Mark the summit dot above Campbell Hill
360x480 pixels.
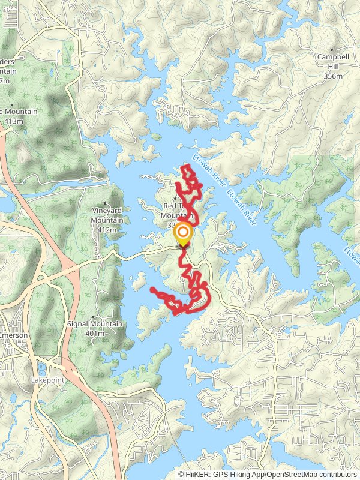pyautogui.click(x=331, y=50)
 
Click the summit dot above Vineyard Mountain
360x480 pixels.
pyautogui.click(x=106, y=203)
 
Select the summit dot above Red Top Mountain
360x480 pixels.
pyautogui.click(x=175, y=198)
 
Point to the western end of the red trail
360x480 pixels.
pyautogui.click(x=151, y=290)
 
